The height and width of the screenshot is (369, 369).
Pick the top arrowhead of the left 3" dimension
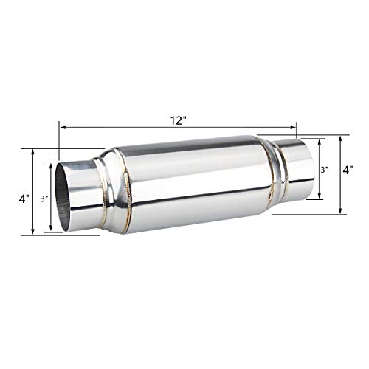coord(50,163)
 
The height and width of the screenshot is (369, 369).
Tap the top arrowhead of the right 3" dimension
coord(320,142)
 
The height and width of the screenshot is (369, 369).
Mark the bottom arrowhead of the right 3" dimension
coord(320,198)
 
